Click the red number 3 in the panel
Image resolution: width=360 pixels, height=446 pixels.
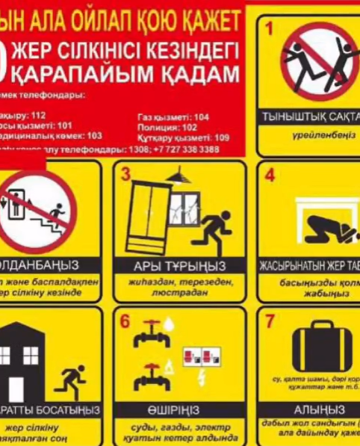click(126, 175)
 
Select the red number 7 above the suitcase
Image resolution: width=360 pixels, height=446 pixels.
click(270, 320)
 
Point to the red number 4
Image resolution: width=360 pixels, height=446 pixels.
click(270, 176)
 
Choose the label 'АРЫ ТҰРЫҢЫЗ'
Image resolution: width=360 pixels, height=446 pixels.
click(179, 266)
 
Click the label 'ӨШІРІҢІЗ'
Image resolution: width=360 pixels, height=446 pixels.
click(179, 410)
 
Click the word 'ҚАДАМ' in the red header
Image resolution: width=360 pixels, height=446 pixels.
click(193, 74)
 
